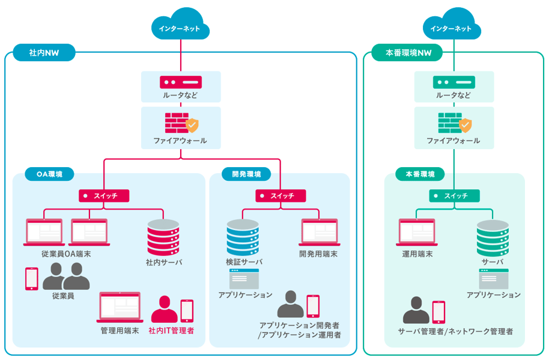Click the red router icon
pyautogui.click(x=181, y=81)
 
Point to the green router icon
pyautogui.click(x=453, y=81)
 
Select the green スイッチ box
pyautogui.click(x=455, y=196)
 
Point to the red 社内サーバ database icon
pyautogui.click(x=163, y=238)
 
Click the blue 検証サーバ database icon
pyautogui.click(x=243, y=237)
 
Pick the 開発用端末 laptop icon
pyautogui.click(x=319, y=233)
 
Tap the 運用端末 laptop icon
pyautogui.click(x=417, y=233)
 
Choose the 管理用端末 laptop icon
pyautogui.click(x=119, y=307)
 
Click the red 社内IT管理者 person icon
pyautogui.click(x=164, y=309)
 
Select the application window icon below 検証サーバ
pyautogui.click(x=244, y=279)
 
